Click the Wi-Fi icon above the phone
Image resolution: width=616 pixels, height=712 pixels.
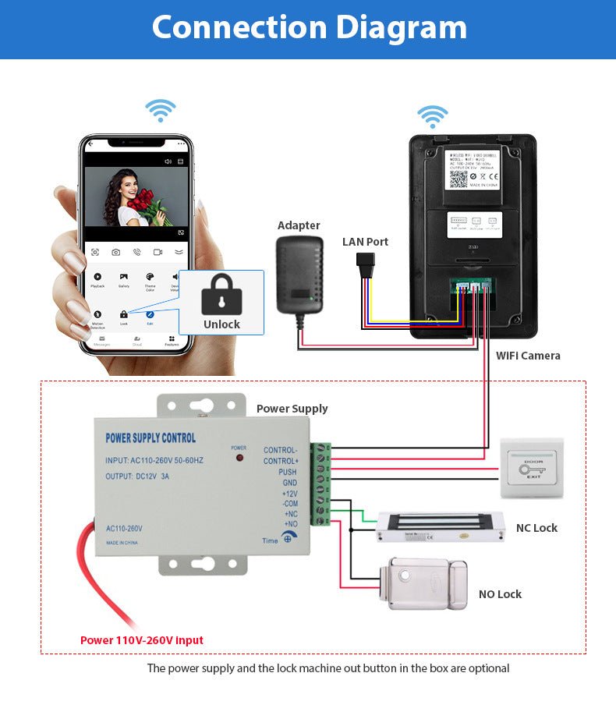pyautogui.click(x=161, y=111)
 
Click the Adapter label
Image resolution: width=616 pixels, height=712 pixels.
pyautogui.click(x=299, y=225)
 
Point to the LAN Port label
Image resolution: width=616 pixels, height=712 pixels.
pyautogui.click(x=365, y=242)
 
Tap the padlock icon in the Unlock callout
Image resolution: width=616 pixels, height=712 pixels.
pyautogui.click(x=221, y=296)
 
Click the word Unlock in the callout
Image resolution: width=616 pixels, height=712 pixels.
pyautogui.click(x=221, y=324)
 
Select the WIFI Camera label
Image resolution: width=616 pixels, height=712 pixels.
pyautogui.click(x=528, y=356)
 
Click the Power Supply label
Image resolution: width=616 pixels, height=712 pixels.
pyautogui.click(x=292, y=409)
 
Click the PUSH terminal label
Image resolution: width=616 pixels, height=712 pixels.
pyautogui.click(x=288, y=473)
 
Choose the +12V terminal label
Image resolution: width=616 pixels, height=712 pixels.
pyautogui.click(x=289, y=494)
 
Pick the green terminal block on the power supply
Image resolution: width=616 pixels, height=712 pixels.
pyautogui.click(x=320, y=484)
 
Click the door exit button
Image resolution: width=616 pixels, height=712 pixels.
pyautogui.click(x=533, y=467)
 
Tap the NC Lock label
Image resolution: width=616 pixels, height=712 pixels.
pyautogui.click(x=536, y=528)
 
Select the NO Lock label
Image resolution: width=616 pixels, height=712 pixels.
pyautogui.click(x=500, y=594)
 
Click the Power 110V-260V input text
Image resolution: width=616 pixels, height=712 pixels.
pyautogui.click(x=142, y=640)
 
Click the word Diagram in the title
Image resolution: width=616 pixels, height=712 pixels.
pyautogui.click(x=390, y=27)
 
